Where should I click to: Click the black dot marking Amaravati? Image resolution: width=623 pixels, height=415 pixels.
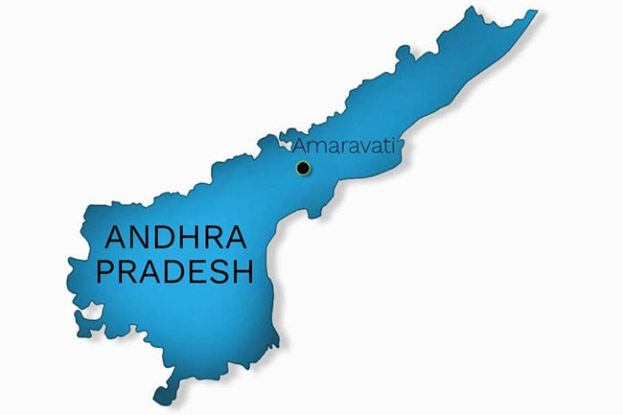point(303,168)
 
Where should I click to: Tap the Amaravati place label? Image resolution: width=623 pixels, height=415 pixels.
point(342,147)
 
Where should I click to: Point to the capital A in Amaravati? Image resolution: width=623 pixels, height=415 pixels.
point(299,147)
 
